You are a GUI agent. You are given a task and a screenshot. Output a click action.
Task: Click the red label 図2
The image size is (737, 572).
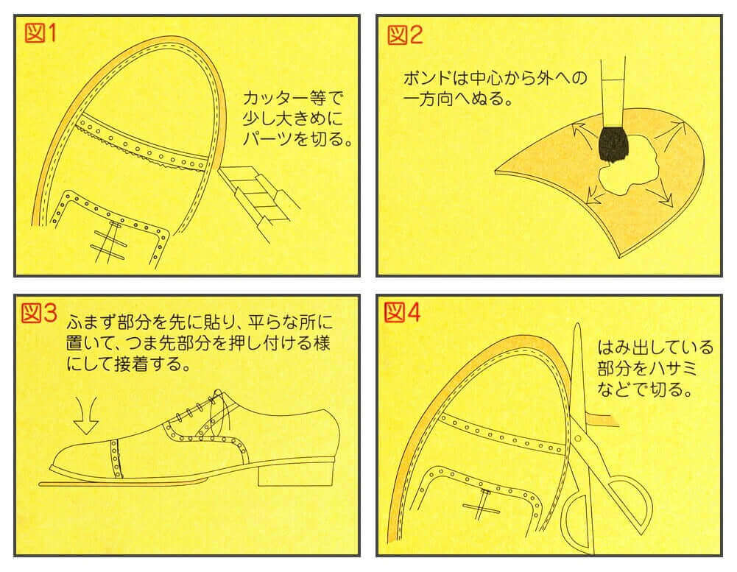coord(405,33)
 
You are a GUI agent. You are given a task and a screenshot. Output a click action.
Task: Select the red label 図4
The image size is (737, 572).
coord(403,313)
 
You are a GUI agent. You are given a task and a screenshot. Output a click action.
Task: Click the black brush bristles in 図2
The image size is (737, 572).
coord(612,144)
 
